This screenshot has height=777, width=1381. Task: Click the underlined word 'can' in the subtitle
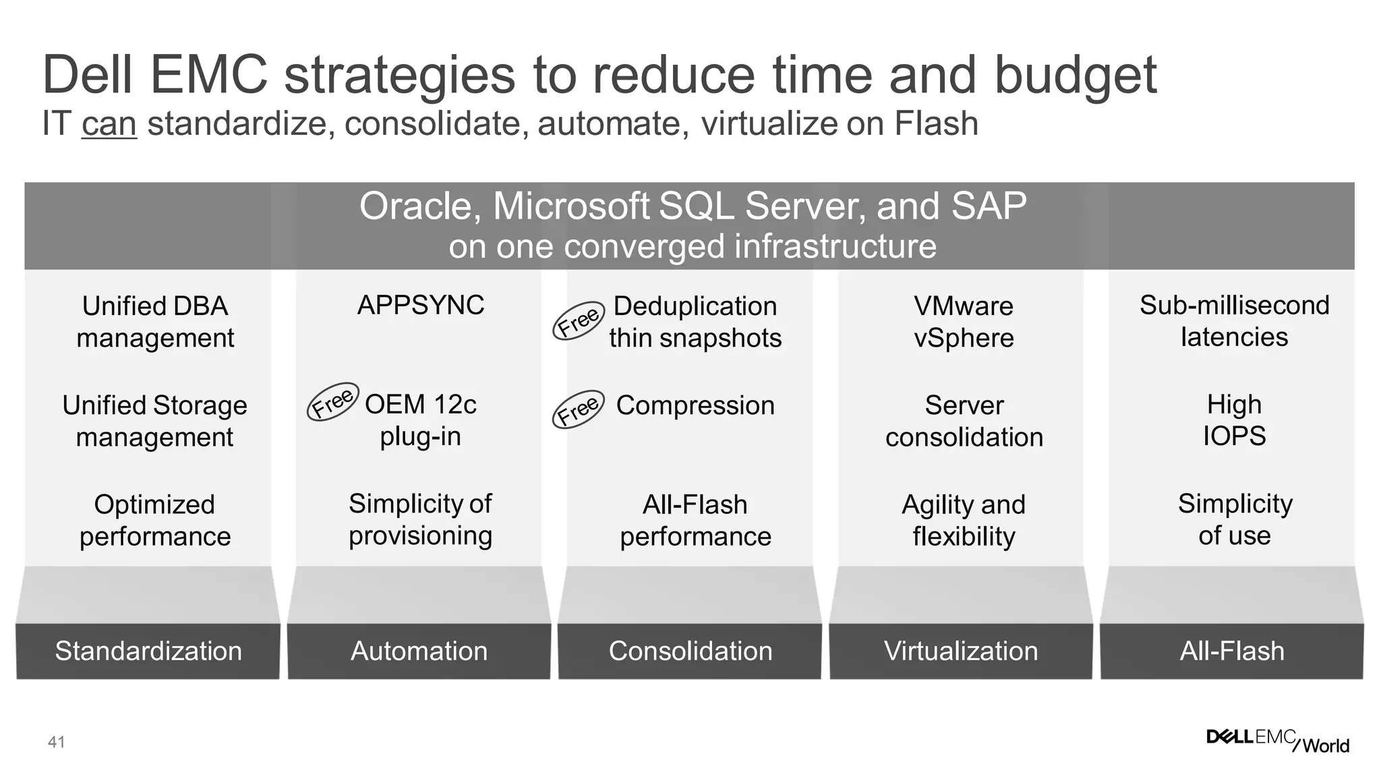pyautogui.click(x=109, y=124)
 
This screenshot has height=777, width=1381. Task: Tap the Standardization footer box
pyautogui.click(x=148, y=651)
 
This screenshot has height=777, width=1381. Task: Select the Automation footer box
pyautogui.click(x=419, y=651)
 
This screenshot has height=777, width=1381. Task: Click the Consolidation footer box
pyautogui.click(x=690, y=651)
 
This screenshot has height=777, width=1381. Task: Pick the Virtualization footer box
pyautogui.click(x=961, y=651)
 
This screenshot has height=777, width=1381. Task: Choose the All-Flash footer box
pyautogui.click(x=1232, y=651)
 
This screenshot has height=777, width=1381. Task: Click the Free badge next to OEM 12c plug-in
pyautogui.click(x=332, y=402)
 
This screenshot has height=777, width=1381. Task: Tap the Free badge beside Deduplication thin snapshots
pyautogui.click(x=578, y=320)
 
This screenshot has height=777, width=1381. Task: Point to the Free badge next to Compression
pyautogui.click(x=578, y=409)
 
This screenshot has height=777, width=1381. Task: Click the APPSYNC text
pyautogui.click(x=420, y=306)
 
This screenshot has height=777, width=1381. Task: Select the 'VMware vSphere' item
pyautogui.click(x=964, y=322)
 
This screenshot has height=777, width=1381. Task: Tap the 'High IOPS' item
pyautogui.click(x=1234, y=420)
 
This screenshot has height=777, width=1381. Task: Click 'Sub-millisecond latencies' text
pyautogui.click(x=1234, y=321)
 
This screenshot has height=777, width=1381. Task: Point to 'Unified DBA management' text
pyautogui.click(x=155, y=322)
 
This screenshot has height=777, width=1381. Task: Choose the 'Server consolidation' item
pyautogui.click(x=964, y=421)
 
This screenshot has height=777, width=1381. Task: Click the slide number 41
pyautogui.click(x=57, y=743)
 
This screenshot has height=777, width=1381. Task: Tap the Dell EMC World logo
pyautogui.click(x=1277, y=741)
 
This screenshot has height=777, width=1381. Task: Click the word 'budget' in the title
pyautogui.click(x=1076, y=76)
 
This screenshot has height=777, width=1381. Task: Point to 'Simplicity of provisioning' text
pyautogui.click(x=420, y=519)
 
